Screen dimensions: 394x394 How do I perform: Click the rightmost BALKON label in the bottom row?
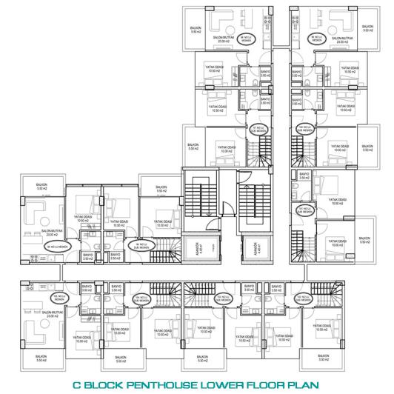click(324, 358)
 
